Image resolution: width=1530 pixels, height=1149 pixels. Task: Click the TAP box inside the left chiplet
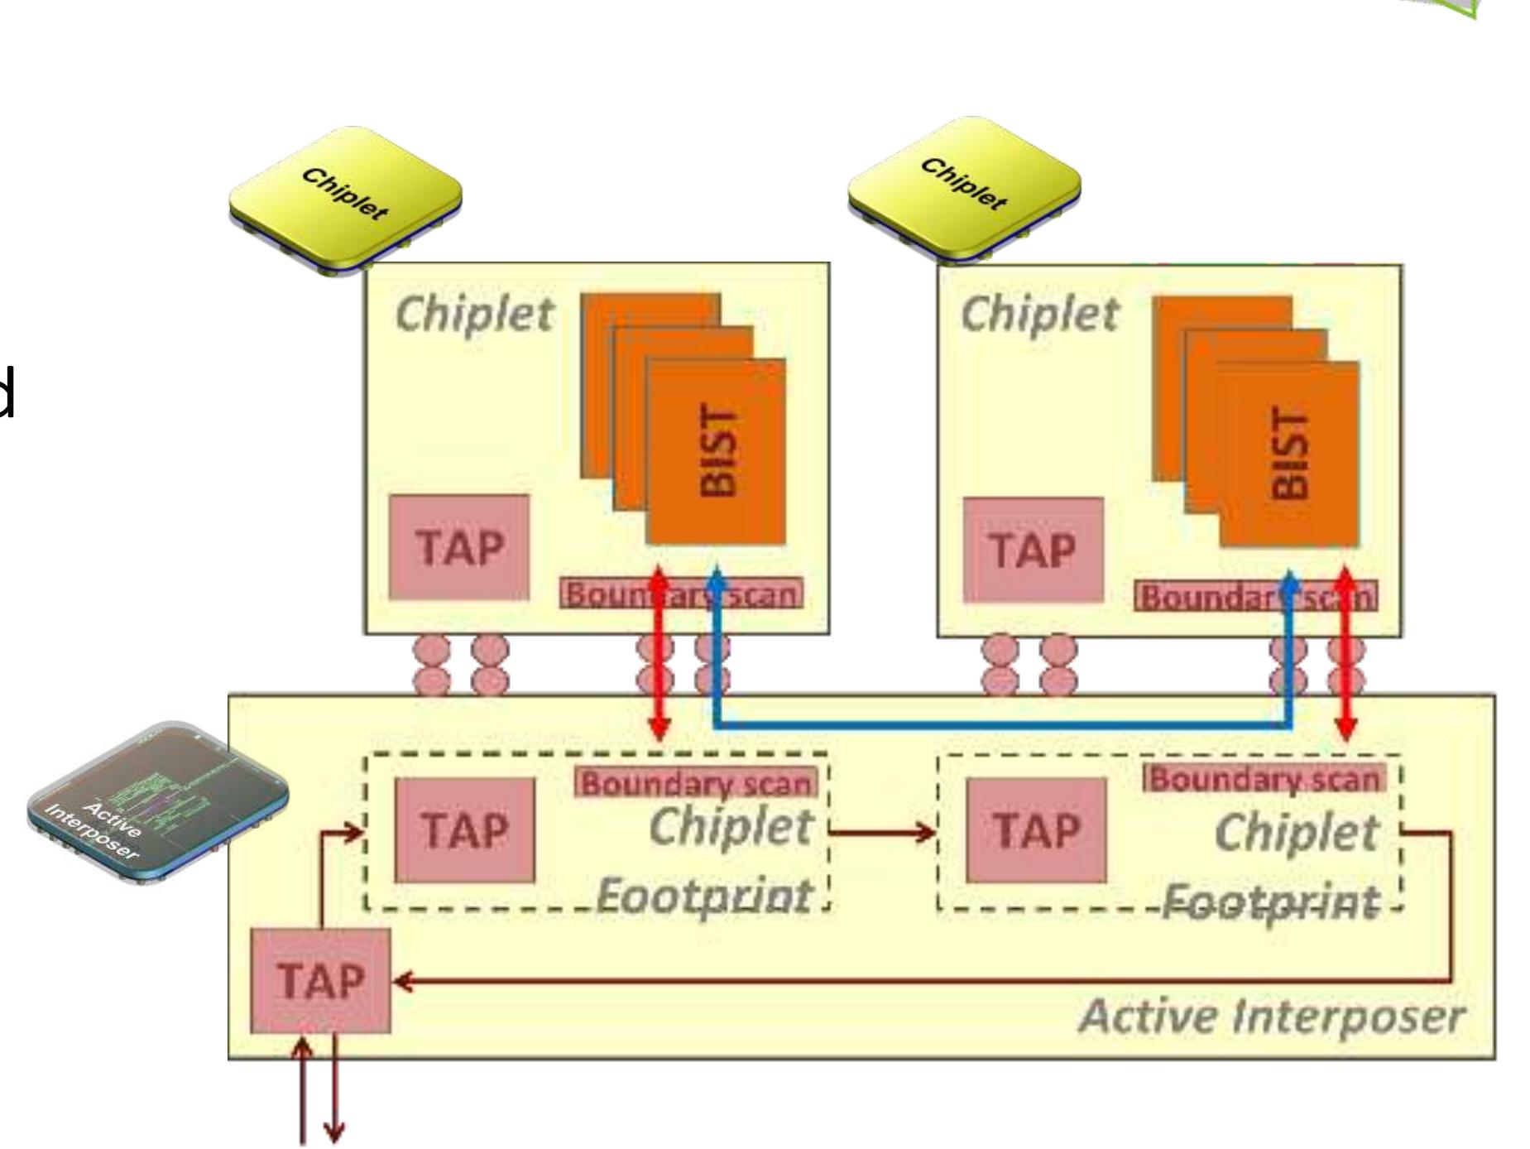coord(458,547)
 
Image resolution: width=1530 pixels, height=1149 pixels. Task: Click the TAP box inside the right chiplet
coord(1033,550)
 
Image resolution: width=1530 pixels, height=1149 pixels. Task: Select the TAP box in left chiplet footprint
coord(464,829)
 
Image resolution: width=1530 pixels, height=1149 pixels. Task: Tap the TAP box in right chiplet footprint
coord(1036,829)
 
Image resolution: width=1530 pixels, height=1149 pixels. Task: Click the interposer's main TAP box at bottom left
coord(320,981)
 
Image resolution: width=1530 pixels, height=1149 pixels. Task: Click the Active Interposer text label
coord(1271,1016)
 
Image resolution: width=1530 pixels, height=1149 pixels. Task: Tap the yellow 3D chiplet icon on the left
coord(345,200)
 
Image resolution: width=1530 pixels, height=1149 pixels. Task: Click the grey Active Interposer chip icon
coord(157,803)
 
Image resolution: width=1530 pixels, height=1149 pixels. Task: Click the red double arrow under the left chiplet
coord(659,654)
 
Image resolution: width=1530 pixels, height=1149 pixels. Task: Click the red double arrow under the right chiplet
coord(1346,654)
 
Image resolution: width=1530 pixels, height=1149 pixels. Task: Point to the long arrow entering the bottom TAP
coord(910,982)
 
